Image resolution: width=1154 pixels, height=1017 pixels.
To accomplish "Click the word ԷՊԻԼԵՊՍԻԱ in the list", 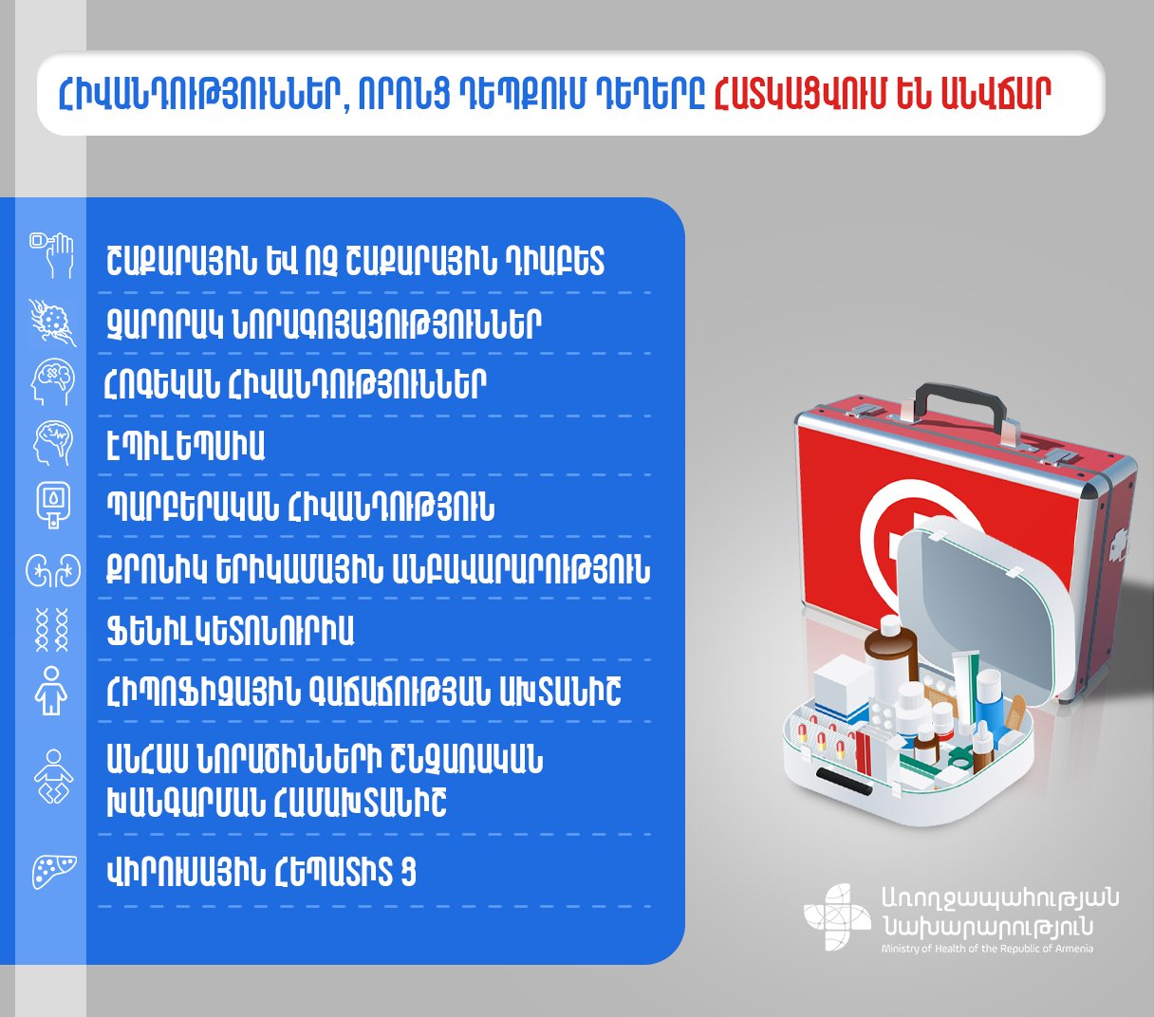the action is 185,446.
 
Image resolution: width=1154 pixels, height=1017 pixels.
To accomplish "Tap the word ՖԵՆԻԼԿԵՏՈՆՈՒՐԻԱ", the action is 230,632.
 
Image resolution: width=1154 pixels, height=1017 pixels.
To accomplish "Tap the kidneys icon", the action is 53,570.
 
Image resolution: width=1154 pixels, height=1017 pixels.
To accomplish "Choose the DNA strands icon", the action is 52,630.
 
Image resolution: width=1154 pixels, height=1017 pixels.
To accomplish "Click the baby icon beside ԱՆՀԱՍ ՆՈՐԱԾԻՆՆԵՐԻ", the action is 53,777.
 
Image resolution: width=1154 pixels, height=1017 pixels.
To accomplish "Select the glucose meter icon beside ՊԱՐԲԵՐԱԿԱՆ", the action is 53,505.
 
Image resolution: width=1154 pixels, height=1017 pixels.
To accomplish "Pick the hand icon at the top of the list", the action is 52,254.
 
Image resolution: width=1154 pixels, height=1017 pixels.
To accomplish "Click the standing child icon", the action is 51,691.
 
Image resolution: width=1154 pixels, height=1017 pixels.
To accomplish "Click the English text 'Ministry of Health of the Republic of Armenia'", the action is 987,949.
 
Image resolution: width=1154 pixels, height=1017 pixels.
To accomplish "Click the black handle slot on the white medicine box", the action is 845,781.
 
